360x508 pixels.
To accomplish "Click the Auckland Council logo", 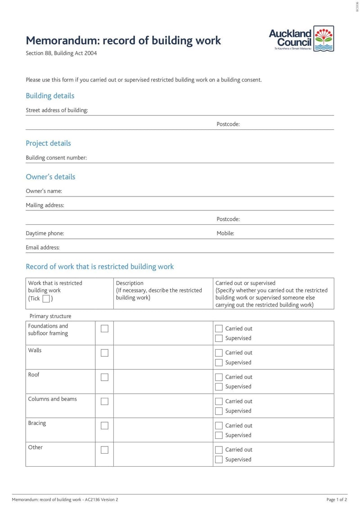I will [x=301, y=39].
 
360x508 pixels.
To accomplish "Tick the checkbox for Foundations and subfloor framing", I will [x=104, y=329].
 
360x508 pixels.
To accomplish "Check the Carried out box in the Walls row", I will [x=219, y=353].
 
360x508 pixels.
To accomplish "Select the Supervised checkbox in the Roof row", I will [x=219, y=387].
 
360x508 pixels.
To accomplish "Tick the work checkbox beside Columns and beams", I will [x=104, y=401].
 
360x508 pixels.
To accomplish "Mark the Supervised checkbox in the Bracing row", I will [x=219, y=435].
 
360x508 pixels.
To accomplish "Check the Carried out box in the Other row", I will [x=219, y=450].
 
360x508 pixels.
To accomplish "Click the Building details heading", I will [x=50, y=96].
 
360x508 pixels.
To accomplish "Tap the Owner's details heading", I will [x=50, y=177].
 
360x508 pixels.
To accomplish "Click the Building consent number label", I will [x=56, y=158].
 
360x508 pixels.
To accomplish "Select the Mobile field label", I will [x=225, y=233].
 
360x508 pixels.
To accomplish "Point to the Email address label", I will [x=43, y=247].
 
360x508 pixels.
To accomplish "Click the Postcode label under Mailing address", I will [x=228, y=219].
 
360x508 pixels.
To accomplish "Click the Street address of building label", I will [x=57, y=110].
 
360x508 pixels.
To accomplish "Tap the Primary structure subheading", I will [x=50, y=316].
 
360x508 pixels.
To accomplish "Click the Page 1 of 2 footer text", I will [x=337, y=499].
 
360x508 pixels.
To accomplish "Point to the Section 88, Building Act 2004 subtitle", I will [x=61, y=53].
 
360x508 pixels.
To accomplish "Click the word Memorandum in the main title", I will [x=62, y=40].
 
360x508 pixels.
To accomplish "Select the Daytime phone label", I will [x=45, y=233].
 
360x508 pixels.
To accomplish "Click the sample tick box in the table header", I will [x=46, y=299].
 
